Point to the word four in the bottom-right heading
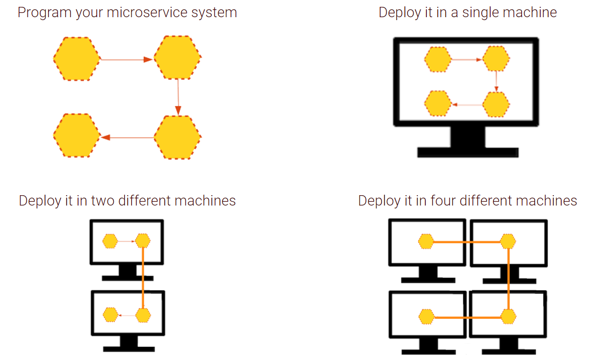click(444, 201)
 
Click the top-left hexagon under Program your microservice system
click(77, 59)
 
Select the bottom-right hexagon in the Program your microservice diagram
click(178, 137)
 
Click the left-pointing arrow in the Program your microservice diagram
click(127, 138)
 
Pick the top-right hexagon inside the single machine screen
click(496, 60)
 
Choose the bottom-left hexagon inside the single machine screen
click(438, 104)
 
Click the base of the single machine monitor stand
click(468, 153)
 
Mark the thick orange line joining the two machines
click(143, 278)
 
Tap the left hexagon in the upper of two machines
click(110, 241)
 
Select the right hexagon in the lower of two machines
click(142, 315)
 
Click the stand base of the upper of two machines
click(128, 278)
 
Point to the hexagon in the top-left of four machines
click(426, 241)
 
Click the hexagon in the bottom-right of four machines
click(508, 317)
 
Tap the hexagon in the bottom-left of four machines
click(427, 317)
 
